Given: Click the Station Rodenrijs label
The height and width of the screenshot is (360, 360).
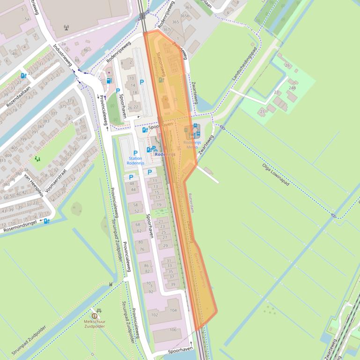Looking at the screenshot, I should [x=136, y=161].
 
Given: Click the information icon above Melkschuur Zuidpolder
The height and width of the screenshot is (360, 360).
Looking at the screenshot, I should [x=95, y=316].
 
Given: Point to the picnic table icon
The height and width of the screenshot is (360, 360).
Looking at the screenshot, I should [x=98, y=310].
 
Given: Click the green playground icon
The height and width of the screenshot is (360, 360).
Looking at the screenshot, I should [x=37, y=159].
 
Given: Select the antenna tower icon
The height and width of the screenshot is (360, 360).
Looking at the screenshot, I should [x=66, y=27].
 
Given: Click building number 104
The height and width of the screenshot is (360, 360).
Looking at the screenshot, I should [x=173, y=310].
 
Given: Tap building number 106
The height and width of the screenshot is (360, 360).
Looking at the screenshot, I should [x=173, y=330].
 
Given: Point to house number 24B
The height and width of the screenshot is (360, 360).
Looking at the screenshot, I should [x=292, y=88].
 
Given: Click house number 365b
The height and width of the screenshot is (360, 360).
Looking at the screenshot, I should [x=184, y=15].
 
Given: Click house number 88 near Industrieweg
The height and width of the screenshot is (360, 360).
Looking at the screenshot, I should [x=77, y=60].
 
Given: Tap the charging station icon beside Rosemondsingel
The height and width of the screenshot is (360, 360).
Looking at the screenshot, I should [x=47, y=221].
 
